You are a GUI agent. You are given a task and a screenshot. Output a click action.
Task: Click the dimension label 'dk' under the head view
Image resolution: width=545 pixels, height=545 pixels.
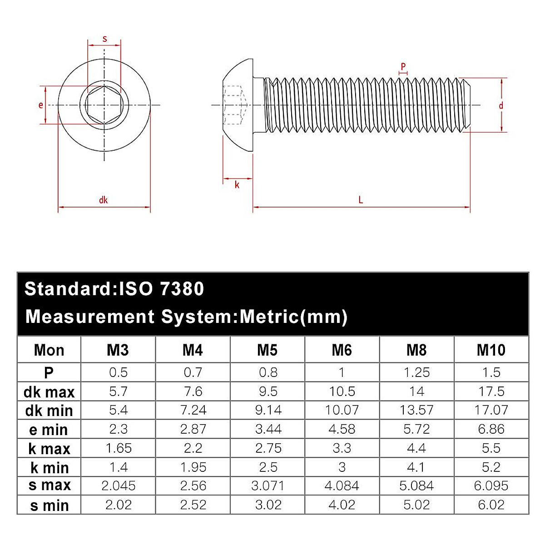tap(103, 200)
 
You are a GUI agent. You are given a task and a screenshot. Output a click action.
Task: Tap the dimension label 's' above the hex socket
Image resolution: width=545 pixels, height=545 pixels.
tap(105, 39)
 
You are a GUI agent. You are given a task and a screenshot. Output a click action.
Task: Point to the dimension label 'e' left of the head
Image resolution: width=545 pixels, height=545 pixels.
tap(41, 105)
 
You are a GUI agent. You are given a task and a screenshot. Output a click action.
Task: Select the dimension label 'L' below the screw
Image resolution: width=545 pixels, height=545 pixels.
tap(361, 200)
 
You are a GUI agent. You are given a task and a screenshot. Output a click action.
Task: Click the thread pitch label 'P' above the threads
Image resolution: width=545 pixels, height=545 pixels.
tap(403, 67)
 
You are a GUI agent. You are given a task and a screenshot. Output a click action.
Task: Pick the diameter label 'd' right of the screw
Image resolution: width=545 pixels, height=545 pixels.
tap(501, 106)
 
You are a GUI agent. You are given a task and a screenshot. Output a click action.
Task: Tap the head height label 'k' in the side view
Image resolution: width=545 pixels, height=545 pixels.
tap(237, 185)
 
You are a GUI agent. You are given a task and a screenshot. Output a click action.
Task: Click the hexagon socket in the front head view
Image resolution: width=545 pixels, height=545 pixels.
tap(104, 105)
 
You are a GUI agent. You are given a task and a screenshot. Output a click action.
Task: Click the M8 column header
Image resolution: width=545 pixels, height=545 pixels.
tap(416, 350)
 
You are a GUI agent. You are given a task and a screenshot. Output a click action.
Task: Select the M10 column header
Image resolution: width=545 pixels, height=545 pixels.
tap(491, 350)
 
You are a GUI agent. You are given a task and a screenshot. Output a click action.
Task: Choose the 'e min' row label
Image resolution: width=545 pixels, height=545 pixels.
tap(49, 429)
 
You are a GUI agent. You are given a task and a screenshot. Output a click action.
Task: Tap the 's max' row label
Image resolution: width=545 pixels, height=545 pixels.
tap(50, 486)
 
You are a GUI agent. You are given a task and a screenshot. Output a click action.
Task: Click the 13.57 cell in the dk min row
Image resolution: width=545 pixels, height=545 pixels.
tap(416, 410)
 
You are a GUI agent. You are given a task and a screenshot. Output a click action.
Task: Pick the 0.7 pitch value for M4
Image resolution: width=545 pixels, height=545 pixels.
tap(193, 372)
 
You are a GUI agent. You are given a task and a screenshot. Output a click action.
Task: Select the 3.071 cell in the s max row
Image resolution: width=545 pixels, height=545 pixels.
tap(268, 486)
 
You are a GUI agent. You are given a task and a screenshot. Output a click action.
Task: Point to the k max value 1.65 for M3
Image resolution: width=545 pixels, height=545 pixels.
tap(118, 448)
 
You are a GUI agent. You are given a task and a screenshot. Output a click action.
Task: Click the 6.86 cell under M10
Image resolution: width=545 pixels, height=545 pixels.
tap(491, 429)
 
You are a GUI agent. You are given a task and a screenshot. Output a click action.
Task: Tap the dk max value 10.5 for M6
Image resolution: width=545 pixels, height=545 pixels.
tap(342, 391)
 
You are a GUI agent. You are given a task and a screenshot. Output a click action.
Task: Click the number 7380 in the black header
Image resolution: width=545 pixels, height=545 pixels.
tap(182, 289)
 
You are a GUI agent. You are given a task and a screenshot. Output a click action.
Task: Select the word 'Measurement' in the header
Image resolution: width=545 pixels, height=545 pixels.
tap(90, 317)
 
